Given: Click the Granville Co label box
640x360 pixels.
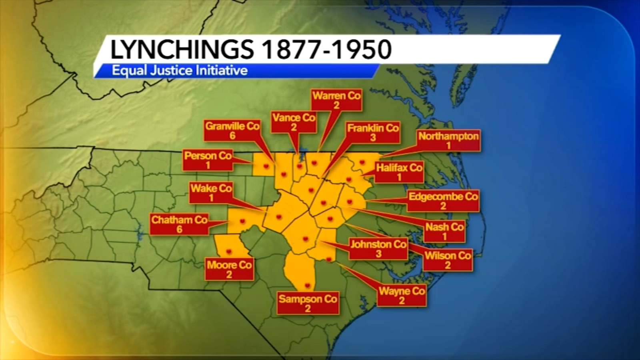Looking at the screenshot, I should pyautogui.click(x=232, y=130).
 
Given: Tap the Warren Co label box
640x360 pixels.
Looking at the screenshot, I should pyautogui.click(x=336, y=100).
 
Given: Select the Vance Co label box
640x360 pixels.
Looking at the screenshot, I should pyautogui.click(x=294, y=122).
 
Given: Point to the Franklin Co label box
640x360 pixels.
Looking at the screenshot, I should pyautogui.click(x=372, y=132).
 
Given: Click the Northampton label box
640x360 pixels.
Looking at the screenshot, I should pyautogui.click(x=448, y=140).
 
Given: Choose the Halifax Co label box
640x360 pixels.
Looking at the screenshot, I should pyautogui.click(x=399, y=172).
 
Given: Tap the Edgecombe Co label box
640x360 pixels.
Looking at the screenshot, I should pyautogui.click(x=443, y=201).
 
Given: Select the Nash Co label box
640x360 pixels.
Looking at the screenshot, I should pyautogui.click(x=444, y=231).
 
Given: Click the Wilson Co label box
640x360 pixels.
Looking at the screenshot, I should pyautogui.click(x=448, y=260).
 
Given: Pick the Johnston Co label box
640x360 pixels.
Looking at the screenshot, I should pyautogui.click(x=378, y=248).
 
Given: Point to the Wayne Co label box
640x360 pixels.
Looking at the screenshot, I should pyautogui.click(x=401, y=295).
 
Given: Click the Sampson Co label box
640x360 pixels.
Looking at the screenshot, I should pyautogui.click(x=308, y=303).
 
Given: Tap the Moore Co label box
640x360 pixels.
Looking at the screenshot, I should pyautogui.click(x=229, y=269).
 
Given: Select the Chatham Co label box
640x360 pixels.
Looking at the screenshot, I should pyautogui.click(x=179, y=224).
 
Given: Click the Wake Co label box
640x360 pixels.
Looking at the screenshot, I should pyautogui.click(x=211, y=192).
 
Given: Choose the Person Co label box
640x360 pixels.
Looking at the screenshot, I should pyautogui.click(x=208, y=160).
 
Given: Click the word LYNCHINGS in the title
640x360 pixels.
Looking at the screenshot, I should pyautogui.click(x=182, y=50).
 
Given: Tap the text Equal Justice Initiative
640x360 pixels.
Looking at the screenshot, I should pyautogui.click(x=180, y=71).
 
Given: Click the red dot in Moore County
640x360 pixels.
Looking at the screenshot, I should pyautogui.click(x=229, y=251).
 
